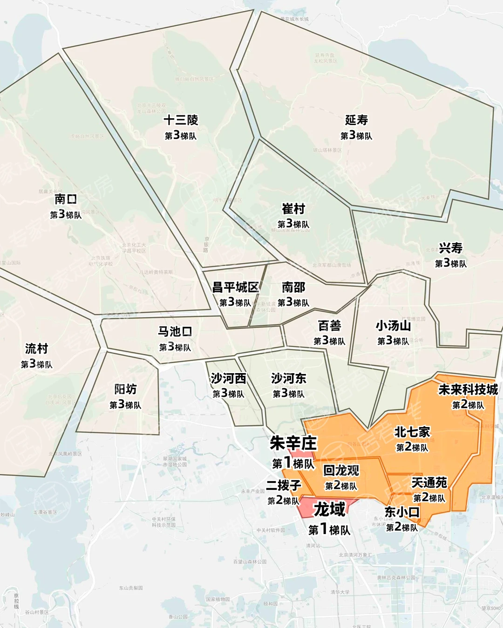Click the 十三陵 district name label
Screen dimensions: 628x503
pyautogui.click(x=181, y=120)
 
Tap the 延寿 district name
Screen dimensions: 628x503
pyautogui.click(x=356, y=120)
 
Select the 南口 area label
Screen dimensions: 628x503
pyautogui.click(x=66, y=199)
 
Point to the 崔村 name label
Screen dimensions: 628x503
pyautogui.click(x=293, y=208)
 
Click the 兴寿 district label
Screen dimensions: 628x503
pyautogui.click(x=450, y=248)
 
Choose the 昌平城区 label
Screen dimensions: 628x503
pyautogui.click(x=235, y=287)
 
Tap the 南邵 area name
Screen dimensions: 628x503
pyautogui.click(x=293, y=287)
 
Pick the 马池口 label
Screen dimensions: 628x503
pyautogui.click(x=175, y=332)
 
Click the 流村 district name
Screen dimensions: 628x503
pyautogui.click(x=36, y=348)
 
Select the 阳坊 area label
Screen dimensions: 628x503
pyautogui.click(x=125, y=389)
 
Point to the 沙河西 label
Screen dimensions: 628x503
pyautogui.click(x=228, y=378)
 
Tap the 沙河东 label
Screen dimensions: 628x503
pyautogui.click(x=288, y=378)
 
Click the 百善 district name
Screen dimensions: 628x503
pyautogui.click(x=329, y=325)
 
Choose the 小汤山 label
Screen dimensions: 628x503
pyautogui.click(x=393, y=325)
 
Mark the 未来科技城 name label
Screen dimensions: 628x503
pyautogui.click(x=468, y=389)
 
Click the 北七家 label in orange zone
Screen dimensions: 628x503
pyautogui.click(x=412, y=432)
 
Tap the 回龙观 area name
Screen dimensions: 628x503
pyautogui.click(x=341, y=470)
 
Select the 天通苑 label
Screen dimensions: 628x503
pyautogui.click(x=429, y=482)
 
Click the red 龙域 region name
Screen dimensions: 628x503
pyautogui.click(x=329, y=509)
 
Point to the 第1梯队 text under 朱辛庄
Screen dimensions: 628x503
pyautogui.click(x=293, y=463)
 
